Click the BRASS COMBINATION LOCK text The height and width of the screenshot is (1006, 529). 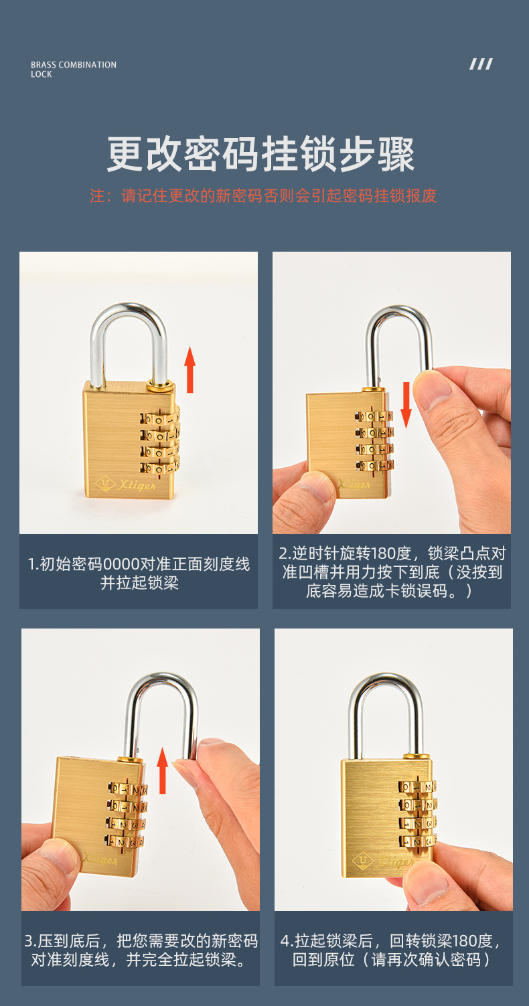click(x=73, y=70)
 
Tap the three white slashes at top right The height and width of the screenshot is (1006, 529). click(x=481, y=64)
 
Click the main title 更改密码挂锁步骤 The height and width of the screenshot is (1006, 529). click(x=261, y=155)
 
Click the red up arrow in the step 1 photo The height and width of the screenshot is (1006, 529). click(x=190, y=369)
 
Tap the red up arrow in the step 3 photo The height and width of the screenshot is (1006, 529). click(x=162, y=770)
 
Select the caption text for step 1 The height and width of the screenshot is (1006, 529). click(x=139, y=573)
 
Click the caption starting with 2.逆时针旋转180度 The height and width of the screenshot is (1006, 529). click(x=392, y=572)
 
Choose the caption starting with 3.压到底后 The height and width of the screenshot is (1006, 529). click(x=141, y=950)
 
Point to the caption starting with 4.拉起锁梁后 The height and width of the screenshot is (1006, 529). click(x=392, y=950)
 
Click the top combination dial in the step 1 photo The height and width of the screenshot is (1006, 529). click(x=159, y=418)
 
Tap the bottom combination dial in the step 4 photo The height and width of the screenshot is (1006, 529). click(x=417, y=841)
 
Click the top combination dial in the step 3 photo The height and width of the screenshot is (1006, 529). click(x=127, y=788)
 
